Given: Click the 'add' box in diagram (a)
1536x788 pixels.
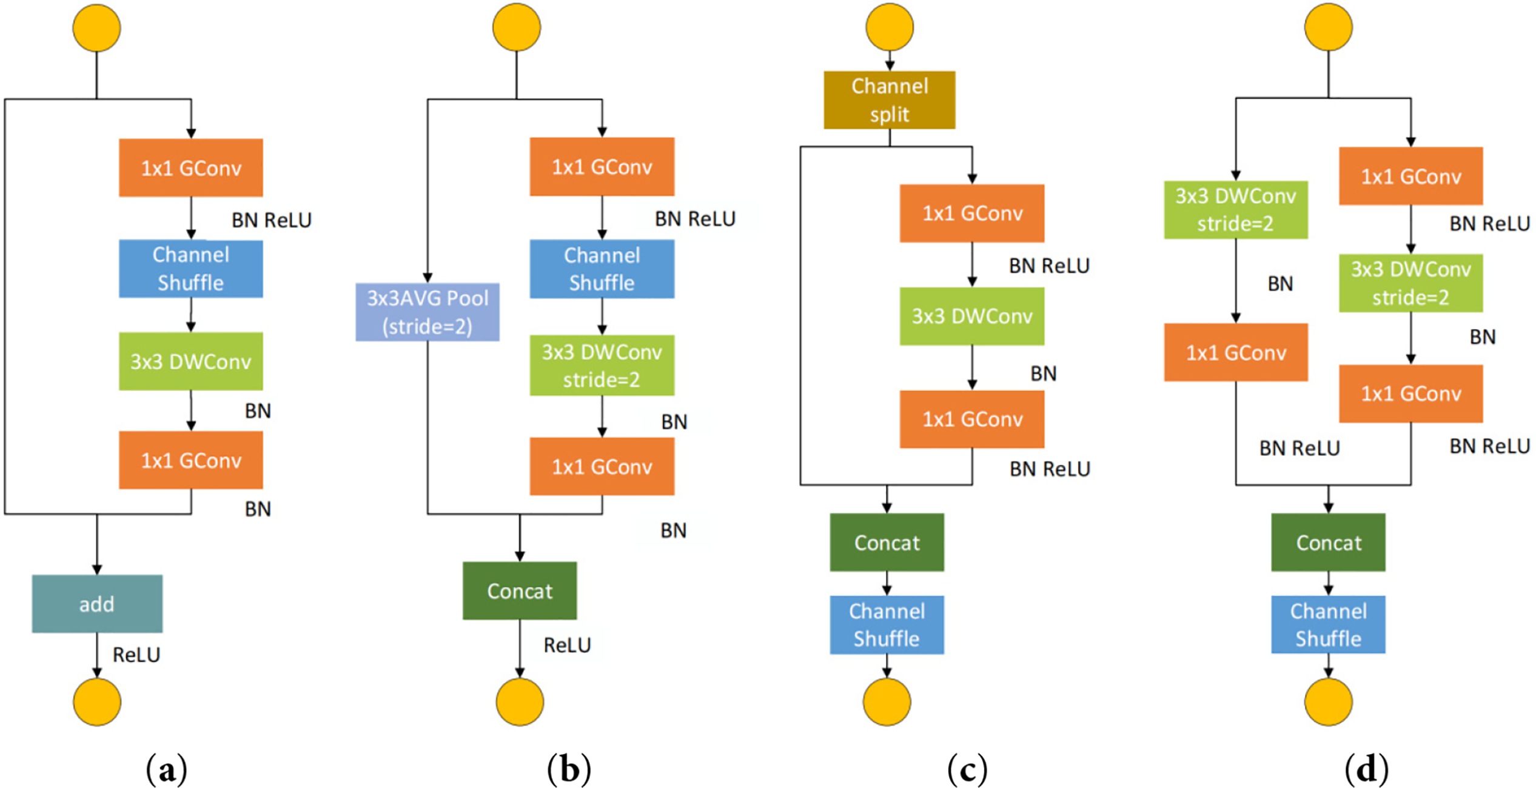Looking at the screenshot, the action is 97,604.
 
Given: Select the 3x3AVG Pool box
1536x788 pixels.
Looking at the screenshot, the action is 428,312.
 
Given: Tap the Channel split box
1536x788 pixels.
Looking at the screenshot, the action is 890,100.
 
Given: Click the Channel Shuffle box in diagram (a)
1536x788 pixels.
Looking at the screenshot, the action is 191,269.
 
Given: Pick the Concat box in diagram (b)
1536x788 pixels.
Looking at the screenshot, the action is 520,590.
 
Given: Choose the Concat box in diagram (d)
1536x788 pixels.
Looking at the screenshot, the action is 1329,542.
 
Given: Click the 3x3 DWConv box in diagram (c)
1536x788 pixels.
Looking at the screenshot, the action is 972,316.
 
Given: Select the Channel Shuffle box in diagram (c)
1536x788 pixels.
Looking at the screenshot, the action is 887,625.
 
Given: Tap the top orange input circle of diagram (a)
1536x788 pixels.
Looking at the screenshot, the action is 97,28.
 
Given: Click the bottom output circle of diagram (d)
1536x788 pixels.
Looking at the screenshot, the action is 1329,702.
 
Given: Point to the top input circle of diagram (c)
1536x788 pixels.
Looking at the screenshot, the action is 890,27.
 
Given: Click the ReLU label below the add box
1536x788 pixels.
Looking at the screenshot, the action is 136,655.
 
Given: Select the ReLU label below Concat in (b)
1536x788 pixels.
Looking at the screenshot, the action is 567,645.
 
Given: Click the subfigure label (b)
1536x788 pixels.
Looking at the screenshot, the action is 569,770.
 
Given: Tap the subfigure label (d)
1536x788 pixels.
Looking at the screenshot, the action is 1367,770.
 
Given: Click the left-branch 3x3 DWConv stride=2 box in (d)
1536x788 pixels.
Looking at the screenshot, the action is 1236,210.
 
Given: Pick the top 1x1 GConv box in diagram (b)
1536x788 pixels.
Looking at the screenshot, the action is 602,167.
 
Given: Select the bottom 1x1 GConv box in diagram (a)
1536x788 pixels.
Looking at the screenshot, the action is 191,460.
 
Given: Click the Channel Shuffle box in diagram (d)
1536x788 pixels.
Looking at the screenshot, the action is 1329,624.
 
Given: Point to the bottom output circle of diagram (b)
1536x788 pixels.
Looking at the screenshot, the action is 520,702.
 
